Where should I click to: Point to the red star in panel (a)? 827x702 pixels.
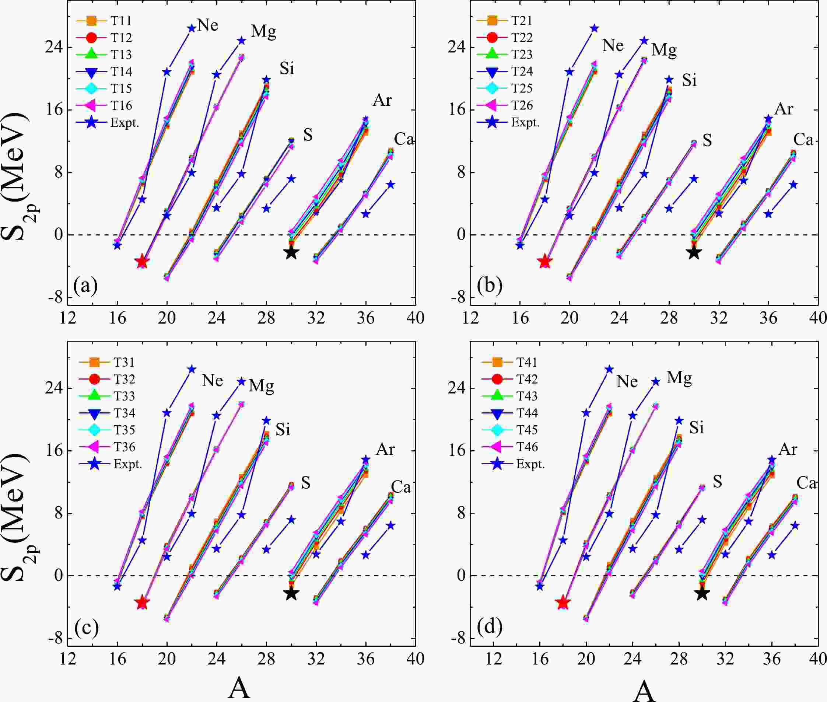(142, 262)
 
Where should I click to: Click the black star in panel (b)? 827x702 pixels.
(694, 252)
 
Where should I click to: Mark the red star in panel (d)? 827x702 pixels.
(563, 603)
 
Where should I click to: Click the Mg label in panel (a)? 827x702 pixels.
(263, 31)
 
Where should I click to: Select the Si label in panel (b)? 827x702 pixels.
(689, 80)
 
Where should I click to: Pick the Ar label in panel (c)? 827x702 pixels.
(385, 449)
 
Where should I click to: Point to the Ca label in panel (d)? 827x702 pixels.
(806, 483)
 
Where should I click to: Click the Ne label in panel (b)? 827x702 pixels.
(613, 46)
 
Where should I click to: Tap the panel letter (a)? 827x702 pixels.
(85, 286)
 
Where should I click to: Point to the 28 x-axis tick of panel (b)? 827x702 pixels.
(669, 318)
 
